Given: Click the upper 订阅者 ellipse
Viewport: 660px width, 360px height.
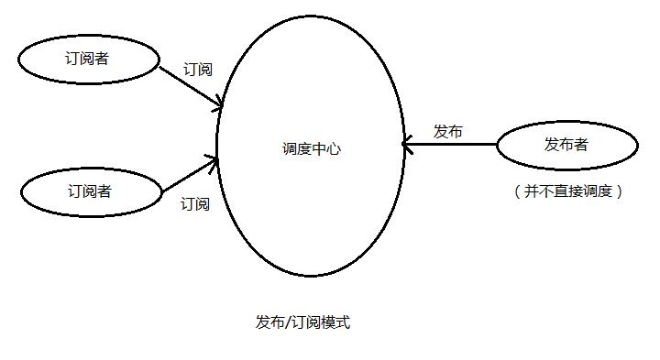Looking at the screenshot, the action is [87, 59].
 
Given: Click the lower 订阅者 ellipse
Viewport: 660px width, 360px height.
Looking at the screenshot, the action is [89, 191].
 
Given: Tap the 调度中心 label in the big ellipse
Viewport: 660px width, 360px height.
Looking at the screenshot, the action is [311, 148].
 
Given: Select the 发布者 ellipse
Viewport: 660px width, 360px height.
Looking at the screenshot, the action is [566, 144].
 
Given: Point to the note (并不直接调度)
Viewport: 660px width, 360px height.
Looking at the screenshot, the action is [568, 191].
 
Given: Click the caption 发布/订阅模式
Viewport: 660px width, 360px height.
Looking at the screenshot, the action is [302, 322].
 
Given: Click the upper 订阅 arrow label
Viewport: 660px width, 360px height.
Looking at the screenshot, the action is [198, 70].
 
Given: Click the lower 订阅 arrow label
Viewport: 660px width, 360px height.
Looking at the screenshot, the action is [194, 203].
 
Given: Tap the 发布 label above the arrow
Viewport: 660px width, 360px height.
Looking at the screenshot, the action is [447, 131].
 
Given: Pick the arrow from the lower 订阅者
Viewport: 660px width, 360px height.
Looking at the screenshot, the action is [191, 174].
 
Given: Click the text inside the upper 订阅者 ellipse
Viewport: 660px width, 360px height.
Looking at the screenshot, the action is [87, 59].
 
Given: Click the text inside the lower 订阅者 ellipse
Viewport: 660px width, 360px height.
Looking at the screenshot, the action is [89, 191].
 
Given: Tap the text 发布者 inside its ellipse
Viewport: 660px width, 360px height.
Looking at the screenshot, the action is [566, 144].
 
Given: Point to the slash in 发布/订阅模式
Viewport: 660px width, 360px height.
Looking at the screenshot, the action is [287, 322].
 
